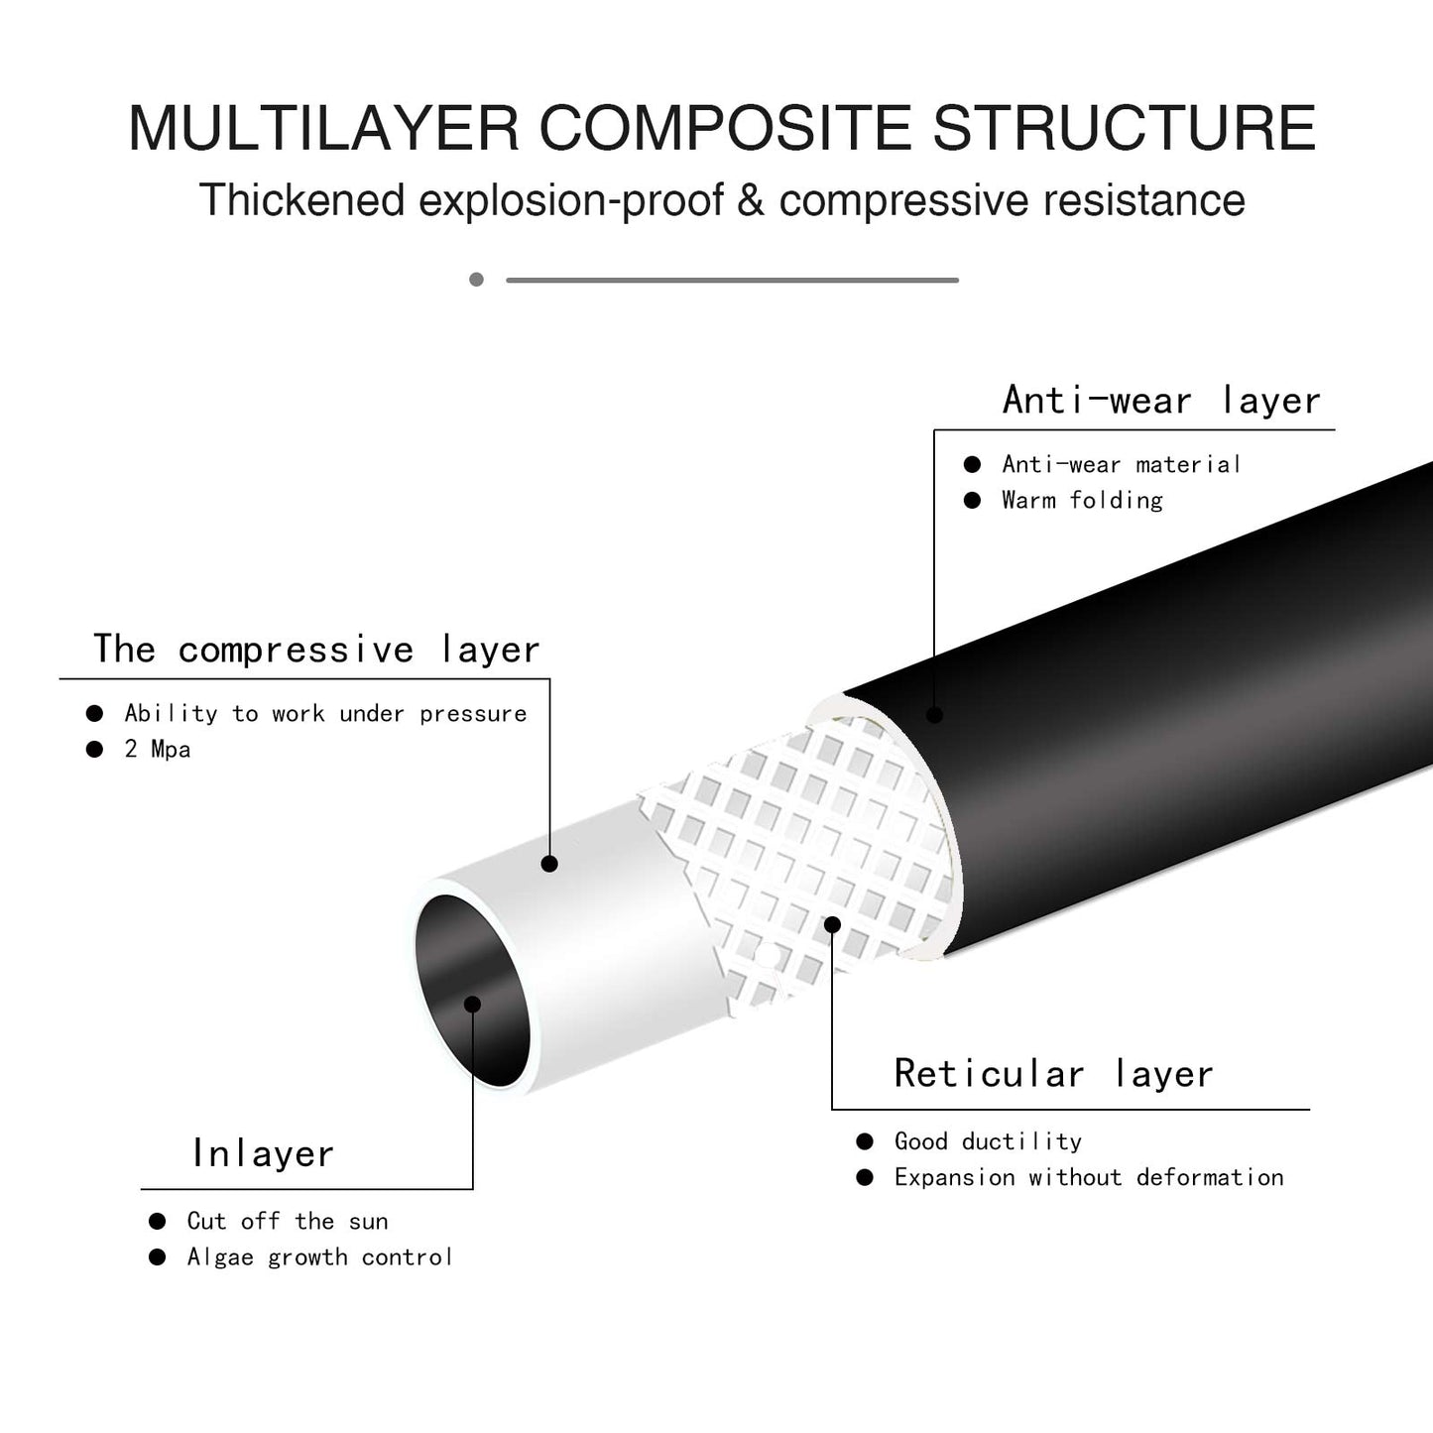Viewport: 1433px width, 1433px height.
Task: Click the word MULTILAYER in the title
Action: (323, 128)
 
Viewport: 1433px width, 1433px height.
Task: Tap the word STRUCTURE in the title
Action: (1125, 128)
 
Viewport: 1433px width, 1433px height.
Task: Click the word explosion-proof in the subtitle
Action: (571, 200)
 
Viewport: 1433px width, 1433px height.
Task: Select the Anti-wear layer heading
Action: (1161, 400)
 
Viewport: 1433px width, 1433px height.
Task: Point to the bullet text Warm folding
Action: (1082, 500)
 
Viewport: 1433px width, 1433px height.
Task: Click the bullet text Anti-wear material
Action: (1121, 464)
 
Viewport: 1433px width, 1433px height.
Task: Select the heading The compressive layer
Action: (316, 650)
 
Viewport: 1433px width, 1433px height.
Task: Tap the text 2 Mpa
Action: (158, 749)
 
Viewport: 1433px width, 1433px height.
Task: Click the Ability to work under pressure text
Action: (325, 713)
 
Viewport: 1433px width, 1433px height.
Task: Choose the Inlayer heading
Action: (263, 1153)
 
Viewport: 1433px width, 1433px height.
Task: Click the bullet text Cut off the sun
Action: (288, 1221)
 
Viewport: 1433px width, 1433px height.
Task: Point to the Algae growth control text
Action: (319, 1257)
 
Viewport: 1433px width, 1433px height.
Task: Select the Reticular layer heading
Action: (1053, 1074)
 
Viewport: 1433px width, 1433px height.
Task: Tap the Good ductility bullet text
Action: (988, 1141)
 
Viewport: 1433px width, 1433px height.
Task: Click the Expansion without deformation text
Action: (1089, 1177)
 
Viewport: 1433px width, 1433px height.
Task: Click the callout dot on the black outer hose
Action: (934, 714)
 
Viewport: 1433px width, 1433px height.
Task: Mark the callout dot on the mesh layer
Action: (833, 924)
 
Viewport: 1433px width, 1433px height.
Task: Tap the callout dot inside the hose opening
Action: (473, 1005)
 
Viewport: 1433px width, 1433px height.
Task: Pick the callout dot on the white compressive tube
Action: (549, 864)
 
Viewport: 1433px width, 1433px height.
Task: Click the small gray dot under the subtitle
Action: (477, 280)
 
